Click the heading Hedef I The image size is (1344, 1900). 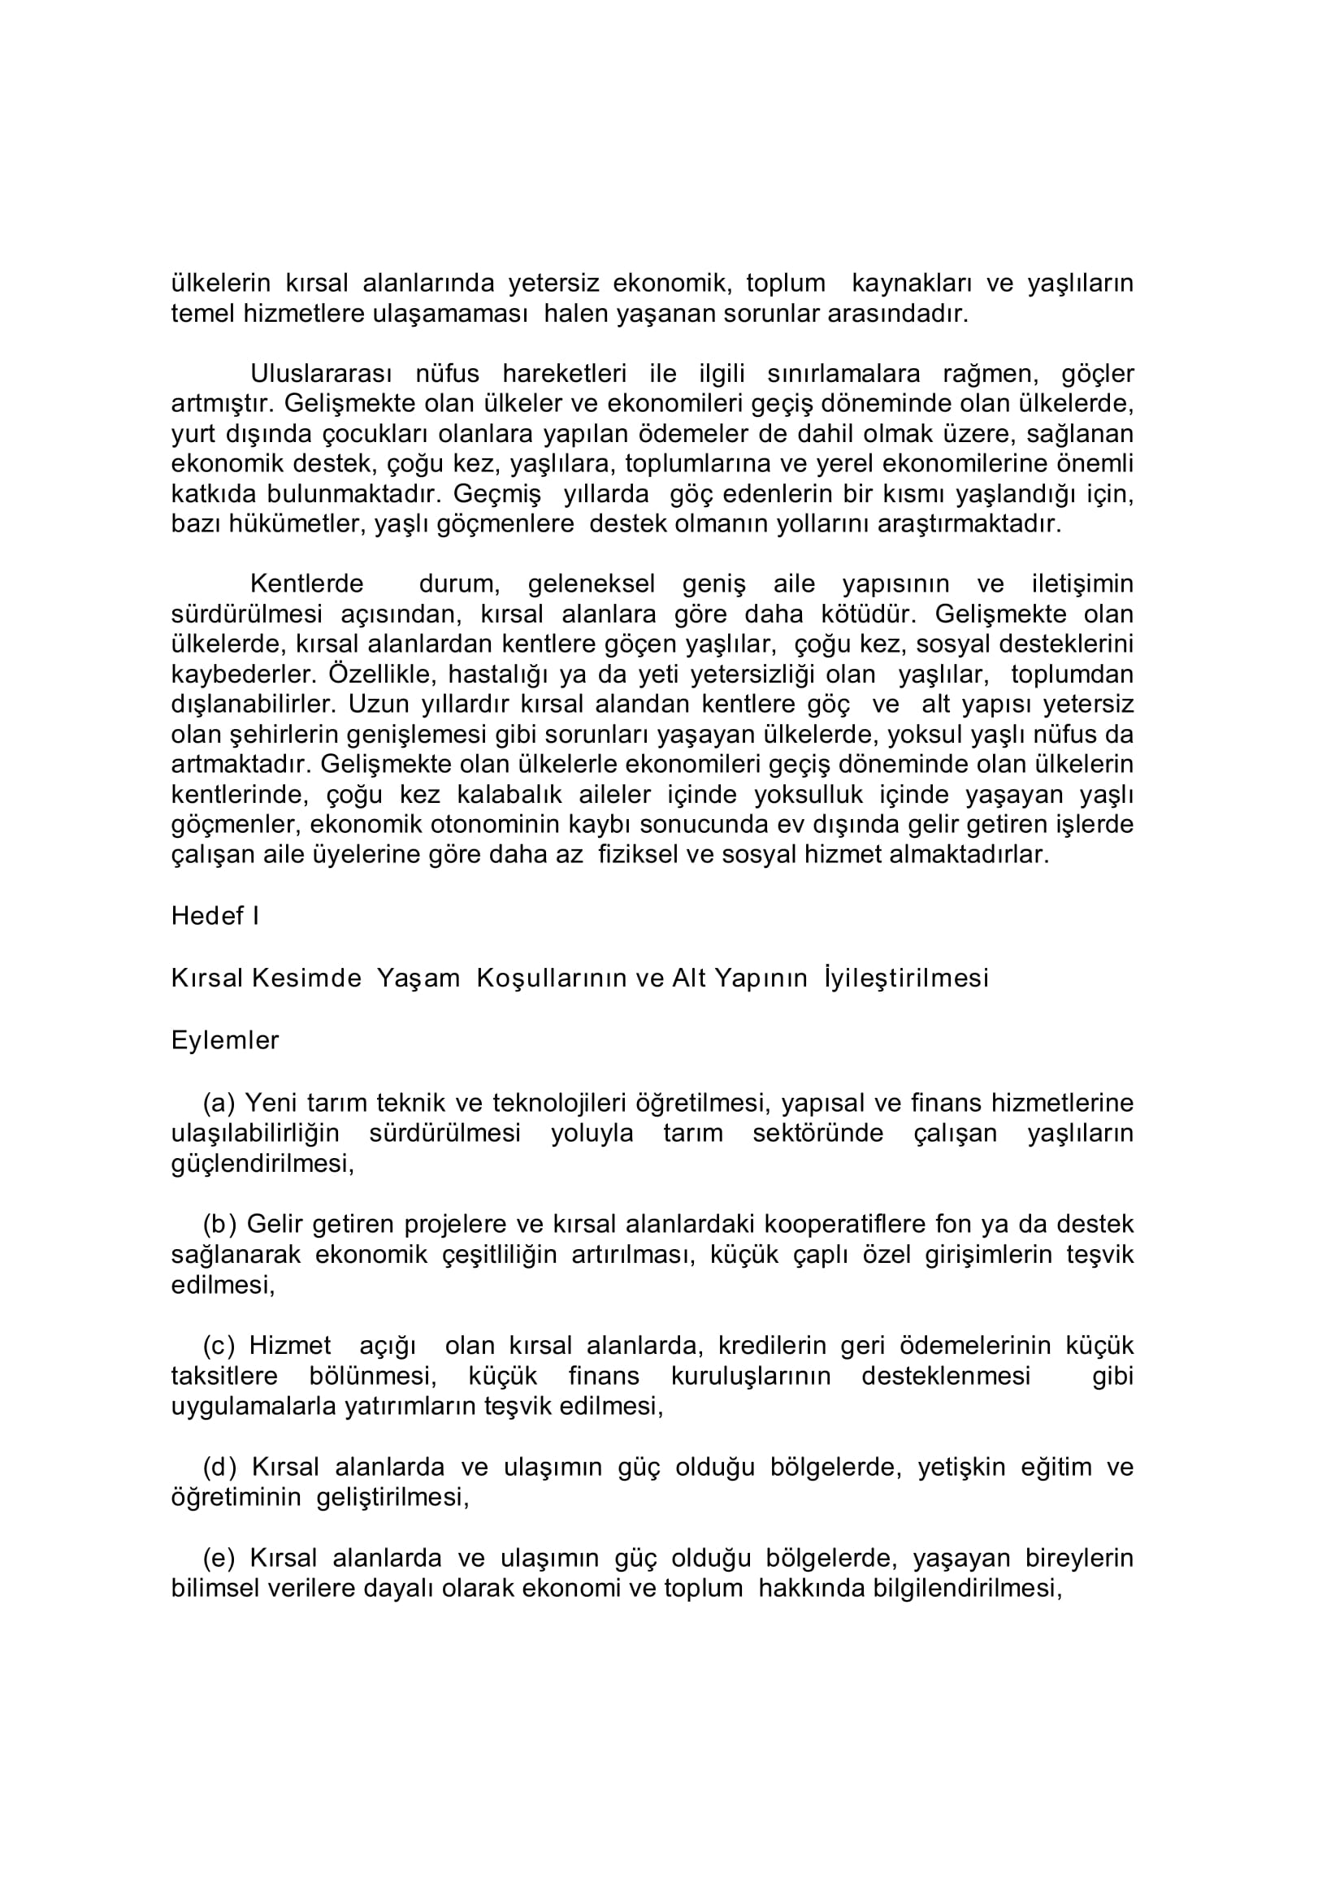(215, 916)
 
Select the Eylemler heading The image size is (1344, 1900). (225, 1040)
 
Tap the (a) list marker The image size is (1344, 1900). (219, 1103)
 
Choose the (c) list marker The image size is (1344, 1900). (219, 1346)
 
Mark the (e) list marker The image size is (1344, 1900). (219, 1558)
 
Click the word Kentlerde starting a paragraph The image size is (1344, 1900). (306, 584)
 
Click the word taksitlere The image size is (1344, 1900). (224, 1376)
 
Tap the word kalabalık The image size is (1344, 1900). (509, 796)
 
